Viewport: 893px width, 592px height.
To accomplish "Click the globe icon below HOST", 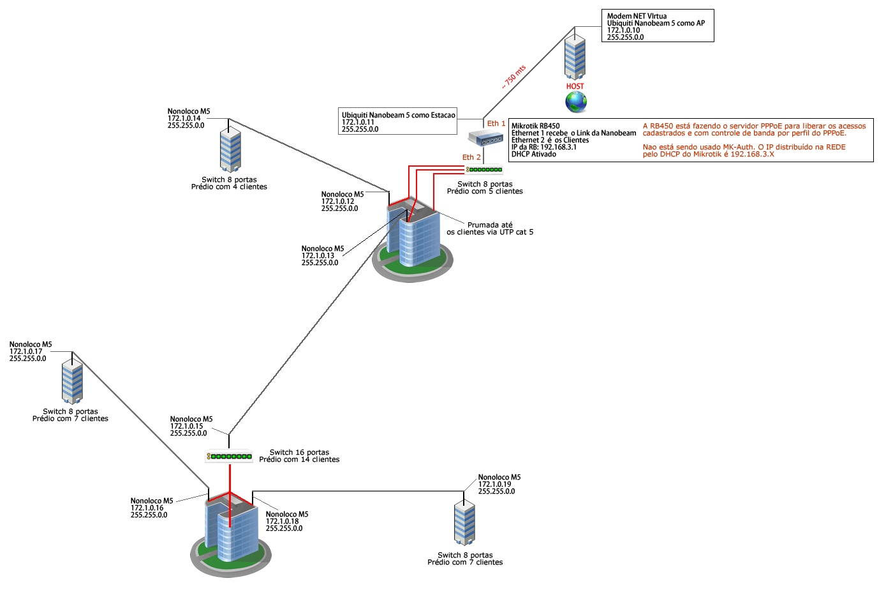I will (x=575, y=102).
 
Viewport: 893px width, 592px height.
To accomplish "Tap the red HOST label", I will (x=575, y=86).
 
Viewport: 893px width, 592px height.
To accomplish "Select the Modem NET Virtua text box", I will (x=658, y=26).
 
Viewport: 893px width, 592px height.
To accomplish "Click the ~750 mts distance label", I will (x=513, y=77).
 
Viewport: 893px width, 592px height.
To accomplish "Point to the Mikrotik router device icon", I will (x=485, y=137).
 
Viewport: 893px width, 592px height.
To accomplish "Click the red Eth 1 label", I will (x=496, y=123).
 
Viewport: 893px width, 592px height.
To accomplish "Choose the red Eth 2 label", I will (x=471, y=157).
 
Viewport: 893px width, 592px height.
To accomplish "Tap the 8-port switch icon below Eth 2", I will (x=484, y=170).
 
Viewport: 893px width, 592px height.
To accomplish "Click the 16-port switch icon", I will (x=230, y=457).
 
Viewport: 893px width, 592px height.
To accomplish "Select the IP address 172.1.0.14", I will (x=184, y=118).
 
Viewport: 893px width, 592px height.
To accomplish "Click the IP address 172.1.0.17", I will (x=26, y=351).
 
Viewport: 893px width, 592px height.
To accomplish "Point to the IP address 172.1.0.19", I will (x=495, y=484).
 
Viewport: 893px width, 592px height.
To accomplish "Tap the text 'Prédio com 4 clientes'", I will (x=229, y=187).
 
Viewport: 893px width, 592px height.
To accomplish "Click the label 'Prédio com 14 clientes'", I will (x=299, y=460).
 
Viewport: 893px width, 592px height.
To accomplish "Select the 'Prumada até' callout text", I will (x=490, y=225).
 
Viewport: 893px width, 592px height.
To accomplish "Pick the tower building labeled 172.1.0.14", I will (x=230, y=151).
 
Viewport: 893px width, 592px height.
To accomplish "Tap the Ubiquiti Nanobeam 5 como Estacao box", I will (x=398, y=121).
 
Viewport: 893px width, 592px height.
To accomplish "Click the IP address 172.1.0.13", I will (x=318, y=255).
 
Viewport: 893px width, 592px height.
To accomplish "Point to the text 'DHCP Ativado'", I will (x=534, y=155).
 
